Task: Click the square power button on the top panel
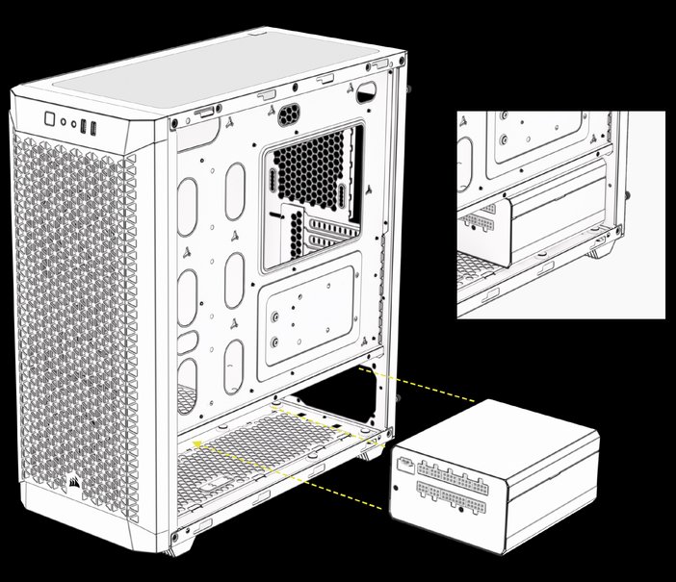[49, 120]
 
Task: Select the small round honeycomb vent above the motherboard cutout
[290, 113]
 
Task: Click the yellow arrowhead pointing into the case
[197, 443]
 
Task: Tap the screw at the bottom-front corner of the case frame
[173, 538]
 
